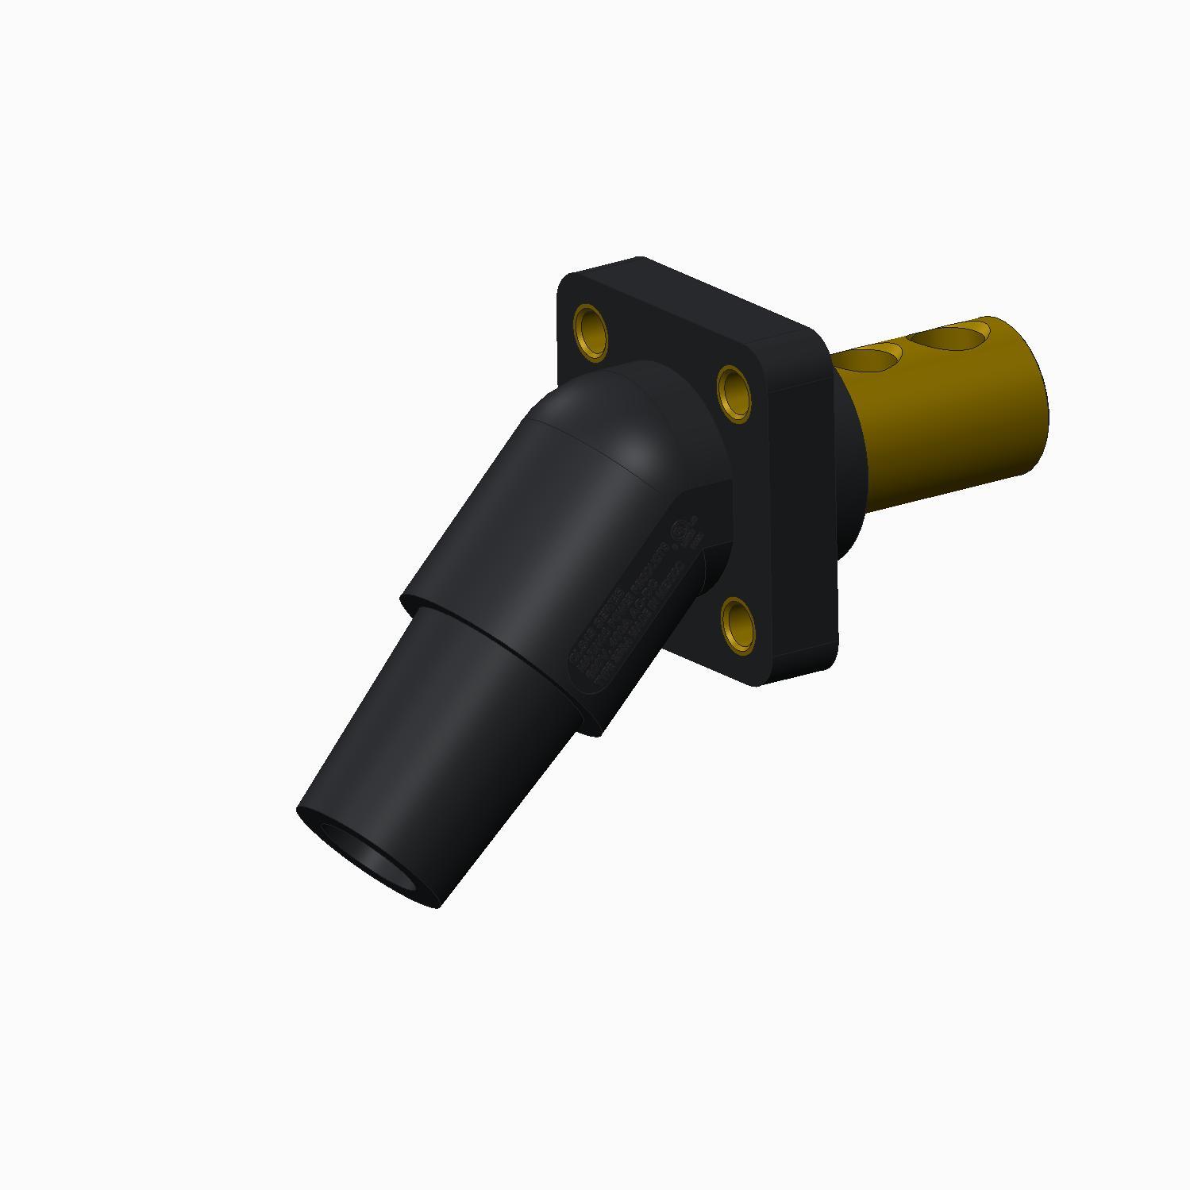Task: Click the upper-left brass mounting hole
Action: tap(590, 327)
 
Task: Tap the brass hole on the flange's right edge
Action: tap(735, 392)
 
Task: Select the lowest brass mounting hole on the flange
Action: tap(738, 626)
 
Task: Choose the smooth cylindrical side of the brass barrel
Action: tap(953, 429)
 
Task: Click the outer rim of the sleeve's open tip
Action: tap(318, 826)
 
